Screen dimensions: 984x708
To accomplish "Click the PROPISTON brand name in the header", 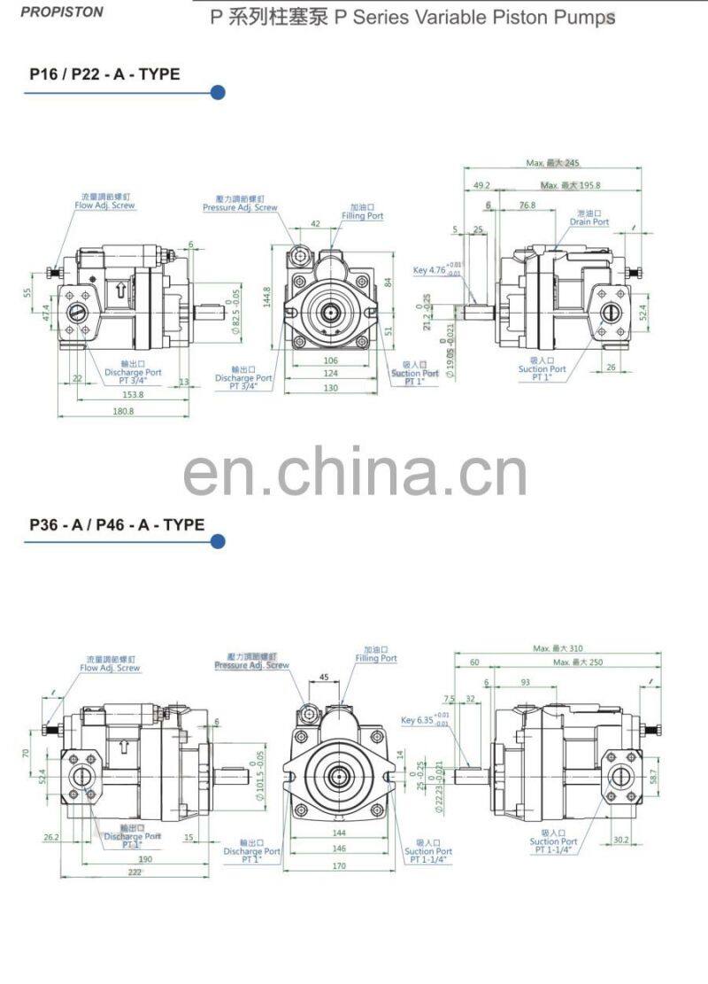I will point(62,12).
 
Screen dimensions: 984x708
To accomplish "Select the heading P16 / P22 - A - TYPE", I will point(104,74).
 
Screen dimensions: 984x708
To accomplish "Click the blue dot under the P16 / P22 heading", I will point(218,92).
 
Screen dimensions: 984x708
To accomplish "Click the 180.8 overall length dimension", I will point(122,412).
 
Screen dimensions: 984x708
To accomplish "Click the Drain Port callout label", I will point(589,218).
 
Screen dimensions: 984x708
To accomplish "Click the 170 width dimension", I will point(339,866).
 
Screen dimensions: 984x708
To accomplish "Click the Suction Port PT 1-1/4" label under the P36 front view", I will point(428,856).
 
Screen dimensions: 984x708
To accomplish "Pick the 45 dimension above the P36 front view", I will point(324,678).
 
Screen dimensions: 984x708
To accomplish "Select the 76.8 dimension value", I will point(527,205).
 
